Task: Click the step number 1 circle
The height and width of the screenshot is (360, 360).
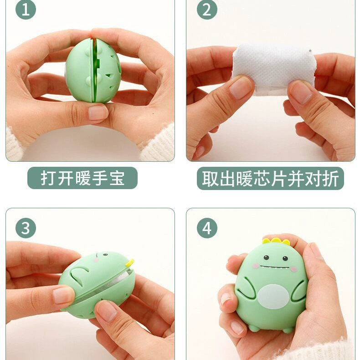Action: [26, 10]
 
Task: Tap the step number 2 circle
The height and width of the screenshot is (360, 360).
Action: [207, 10]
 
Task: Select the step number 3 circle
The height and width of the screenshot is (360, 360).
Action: [26, 228]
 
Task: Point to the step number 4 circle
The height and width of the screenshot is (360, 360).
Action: [207, 228]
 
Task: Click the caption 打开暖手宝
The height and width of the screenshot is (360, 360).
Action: [82, 178]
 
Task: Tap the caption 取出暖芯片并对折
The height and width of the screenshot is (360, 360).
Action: [270, 178]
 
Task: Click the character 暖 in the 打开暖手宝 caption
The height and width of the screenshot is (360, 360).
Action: [82, 178]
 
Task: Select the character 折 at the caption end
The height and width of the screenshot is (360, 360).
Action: [331, 178]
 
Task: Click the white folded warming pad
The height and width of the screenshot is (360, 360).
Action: [273, 69]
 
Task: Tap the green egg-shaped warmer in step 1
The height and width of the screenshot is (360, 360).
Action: [93, 71]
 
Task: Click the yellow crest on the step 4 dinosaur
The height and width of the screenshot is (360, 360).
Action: [276, 241]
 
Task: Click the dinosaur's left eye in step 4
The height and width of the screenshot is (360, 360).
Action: [266, 257]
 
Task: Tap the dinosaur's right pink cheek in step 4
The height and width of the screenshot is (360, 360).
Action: [293, 268]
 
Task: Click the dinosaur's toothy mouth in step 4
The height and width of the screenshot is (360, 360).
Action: [275, 267]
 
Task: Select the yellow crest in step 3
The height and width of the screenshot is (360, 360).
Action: [130, 262]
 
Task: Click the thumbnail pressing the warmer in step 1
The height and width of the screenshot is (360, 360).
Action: [98, 113]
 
